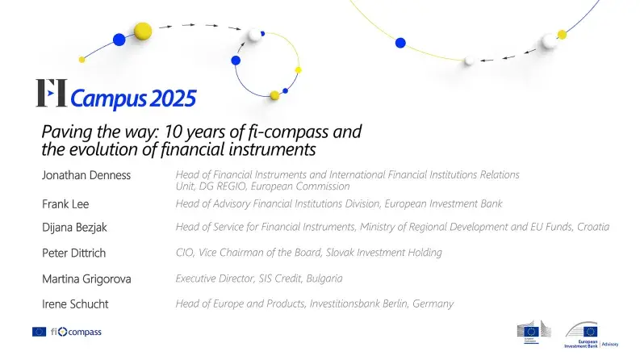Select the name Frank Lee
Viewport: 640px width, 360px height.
(66, 204)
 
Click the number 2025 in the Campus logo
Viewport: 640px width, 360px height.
(171, 98)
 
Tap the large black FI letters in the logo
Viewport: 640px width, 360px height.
(51, 94)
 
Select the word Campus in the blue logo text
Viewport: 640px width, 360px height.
(109, 99)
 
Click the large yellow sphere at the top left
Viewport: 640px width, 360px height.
(143, 31)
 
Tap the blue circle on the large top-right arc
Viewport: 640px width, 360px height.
(399, 43)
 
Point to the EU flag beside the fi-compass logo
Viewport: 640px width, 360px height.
(40, 332)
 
